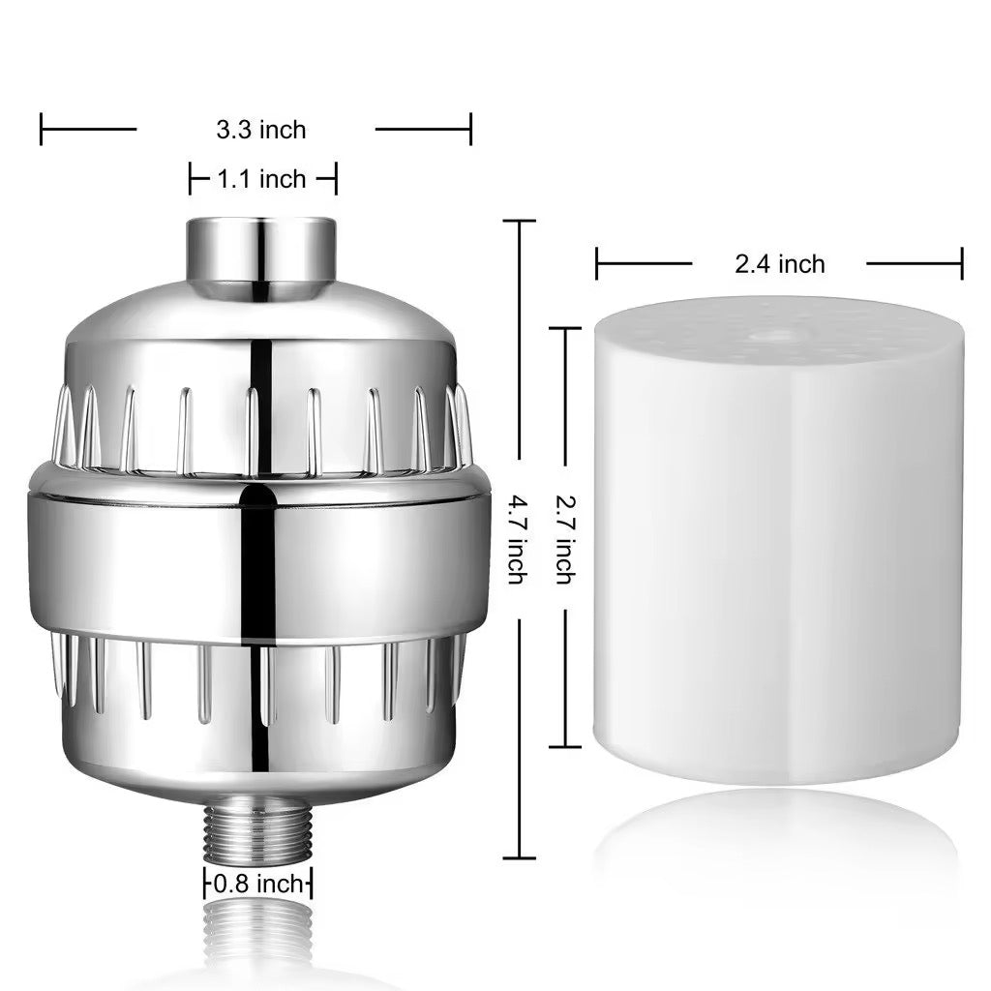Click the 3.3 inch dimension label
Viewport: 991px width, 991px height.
point(259,129)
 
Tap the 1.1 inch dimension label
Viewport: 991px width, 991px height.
point(261,179)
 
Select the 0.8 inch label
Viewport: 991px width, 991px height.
point(257,884)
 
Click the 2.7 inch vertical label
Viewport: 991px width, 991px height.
point(564,539)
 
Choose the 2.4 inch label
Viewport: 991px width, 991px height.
point(779,263)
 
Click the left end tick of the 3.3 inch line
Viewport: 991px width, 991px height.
point(42,129)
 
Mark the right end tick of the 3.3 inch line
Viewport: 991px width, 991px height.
point(470,129)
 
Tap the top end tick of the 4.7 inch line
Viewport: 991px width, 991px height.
point(520,222)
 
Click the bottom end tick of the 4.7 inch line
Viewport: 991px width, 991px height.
point(520,857)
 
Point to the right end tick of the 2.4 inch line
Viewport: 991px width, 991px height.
point(962,263)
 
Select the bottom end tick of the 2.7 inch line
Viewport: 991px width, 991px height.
point(565,746)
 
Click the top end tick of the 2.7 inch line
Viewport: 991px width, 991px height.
point(565,329)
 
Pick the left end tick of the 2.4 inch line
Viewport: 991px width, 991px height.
point(597,263)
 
